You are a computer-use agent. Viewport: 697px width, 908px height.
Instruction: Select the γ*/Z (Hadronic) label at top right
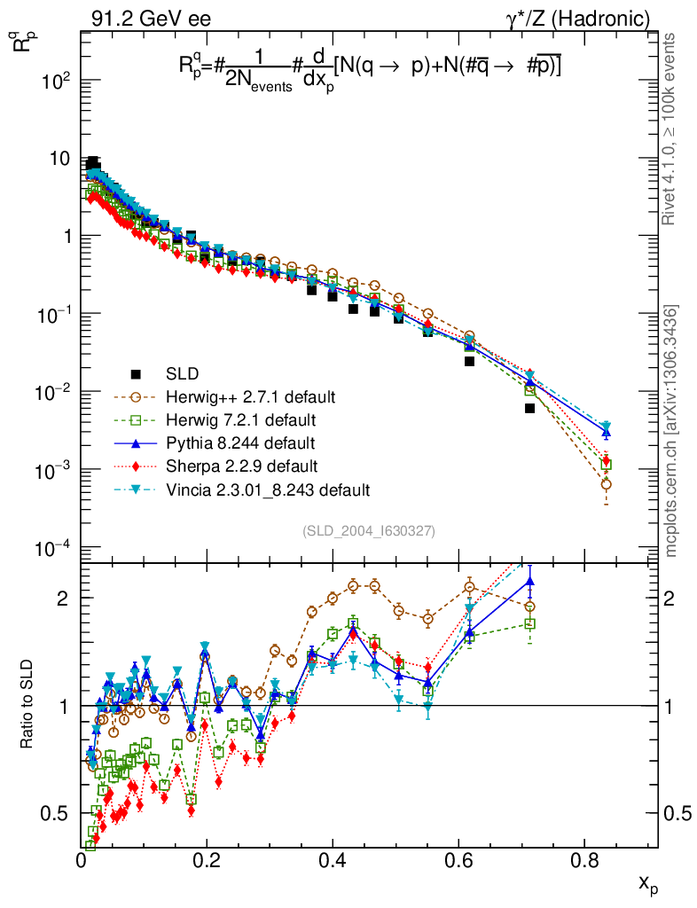click(586, 17)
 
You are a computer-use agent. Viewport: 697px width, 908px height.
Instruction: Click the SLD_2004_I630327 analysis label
click(369, 530)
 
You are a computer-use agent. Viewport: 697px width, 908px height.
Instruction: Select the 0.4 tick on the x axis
click(333, 859)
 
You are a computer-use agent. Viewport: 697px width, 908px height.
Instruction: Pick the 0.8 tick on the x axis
click(583, 859)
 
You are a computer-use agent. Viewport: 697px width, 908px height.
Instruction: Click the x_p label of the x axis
click(648, 883)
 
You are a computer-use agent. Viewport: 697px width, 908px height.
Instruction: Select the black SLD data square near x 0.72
click(530, 408)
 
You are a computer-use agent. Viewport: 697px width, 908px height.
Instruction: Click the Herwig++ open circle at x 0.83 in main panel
click(606, 484)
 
